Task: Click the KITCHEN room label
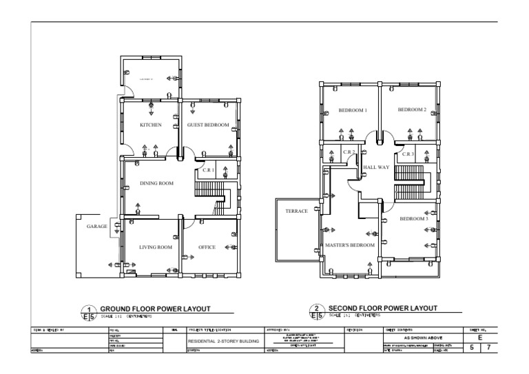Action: [151, 125]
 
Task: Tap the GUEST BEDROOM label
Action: [207, 125]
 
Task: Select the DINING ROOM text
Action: [156, 183]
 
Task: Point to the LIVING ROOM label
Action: [155, 247]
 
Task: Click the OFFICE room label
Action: [207, 247]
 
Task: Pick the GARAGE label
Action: [96, 226]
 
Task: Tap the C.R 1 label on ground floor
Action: [208, 169]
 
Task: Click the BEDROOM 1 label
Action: [353, 110]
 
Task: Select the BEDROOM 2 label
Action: [412, 110]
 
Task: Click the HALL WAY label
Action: [376, 167]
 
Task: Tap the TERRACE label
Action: [296, 211]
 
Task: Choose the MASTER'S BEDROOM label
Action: [350, 245]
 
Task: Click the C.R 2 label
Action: [348, 153]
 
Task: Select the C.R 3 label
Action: [408, 154]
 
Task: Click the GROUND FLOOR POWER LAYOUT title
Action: [155, 309]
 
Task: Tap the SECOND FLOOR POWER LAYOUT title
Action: [383, 309]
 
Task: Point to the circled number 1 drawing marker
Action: [89, 310]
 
